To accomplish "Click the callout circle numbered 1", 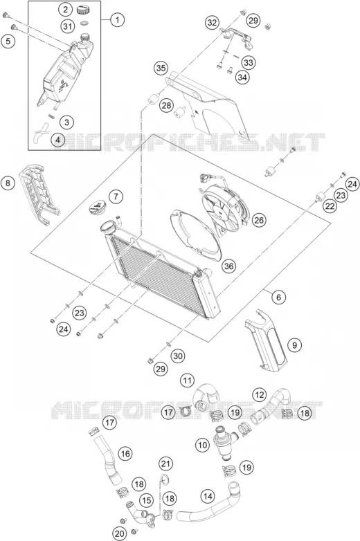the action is coord(118,20).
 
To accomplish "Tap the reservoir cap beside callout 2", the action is coord(83,9).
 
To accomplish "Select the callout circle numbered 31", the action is coord(68,26).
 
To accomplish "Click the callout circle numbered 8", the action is coord(8,183).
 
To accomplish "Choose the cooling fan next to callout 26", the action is coord(224,211).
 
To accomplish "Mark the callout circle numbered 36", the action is coord(228,266).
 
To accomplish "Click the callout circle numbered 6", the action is coord(278,297).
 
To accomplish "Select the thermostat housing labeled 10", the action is coord(225,443).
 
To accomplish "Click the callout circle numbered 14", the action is coord(208,496).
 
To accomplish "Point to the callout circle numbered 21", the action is coord(165,464).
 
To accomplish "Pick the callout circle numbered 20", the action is coord(120,534).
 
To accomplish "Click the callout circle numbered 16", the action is coord(125,453).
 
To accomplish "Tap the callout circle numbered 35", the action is coord(161,68).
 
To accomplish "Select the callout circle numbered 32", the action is coord(213,23).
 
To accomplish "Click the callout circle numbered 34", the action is coord(242,77).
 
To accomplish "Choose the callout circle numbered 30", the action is coord(178,356).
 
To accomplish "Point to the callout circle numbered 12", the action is coord(260,395).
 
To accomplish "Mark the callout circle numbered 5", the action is coord(8,41).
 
